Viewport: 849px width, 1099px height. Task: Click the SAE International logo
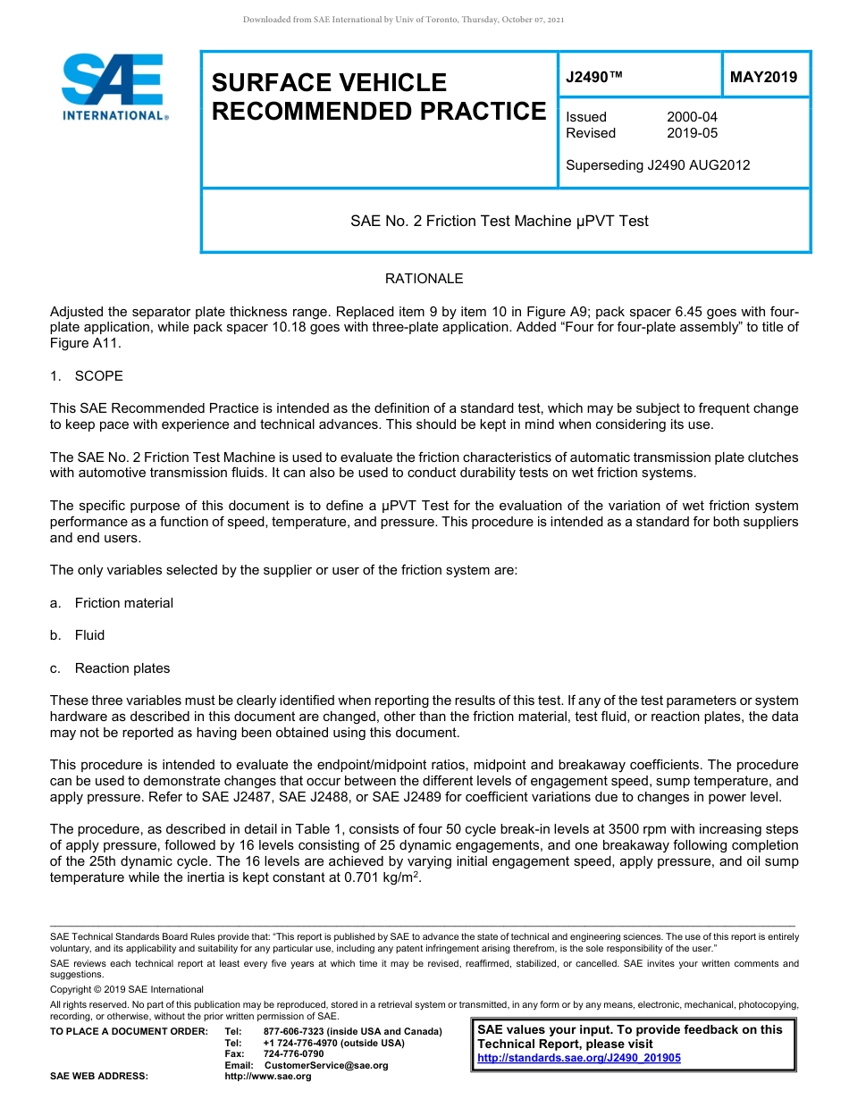click(113, 87)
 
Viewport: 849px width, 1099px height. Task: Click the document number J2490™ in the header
click(594, 78)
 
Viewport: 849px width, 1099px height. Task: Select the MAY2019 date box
click(764, 78)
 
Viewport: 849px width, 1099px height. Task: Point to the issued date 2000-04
click(692, 117)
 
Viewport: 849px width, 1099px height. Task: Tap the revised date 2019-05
click(692, 133)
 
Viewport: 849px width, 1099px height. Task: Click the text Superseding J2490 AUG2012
click(658, 165)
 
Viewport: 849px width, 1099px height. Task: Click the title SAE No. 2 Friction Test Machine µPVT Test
click(500, 221)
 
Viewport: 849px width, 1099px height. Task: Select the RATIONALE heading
click(424, 279)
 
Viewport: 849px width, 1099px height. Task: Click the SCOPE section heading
click(98, 376)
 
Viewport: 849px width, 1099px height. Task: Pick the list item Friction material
click(123, 603)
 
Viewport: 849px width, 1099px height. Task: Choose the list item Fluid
click(89, 635)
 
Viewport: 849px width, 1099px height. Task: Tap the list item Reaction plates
click(122, 668)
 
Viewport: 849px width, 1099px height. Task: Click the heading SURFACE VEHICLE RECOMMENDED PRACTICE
click(378, 96)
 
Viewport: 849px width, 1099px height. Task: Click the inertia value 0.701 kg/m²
click(382, 877)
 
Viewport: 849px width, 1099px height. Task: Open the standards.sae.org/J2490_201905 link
click(579, 1058)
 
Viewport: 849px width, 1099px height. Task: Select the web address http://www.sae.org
click(268, 1076)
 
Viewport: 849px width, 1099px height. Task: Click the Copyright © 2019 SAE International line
click(127, 989)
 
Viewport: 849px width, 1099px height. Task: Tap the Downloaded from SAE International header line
click(403, 20)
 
